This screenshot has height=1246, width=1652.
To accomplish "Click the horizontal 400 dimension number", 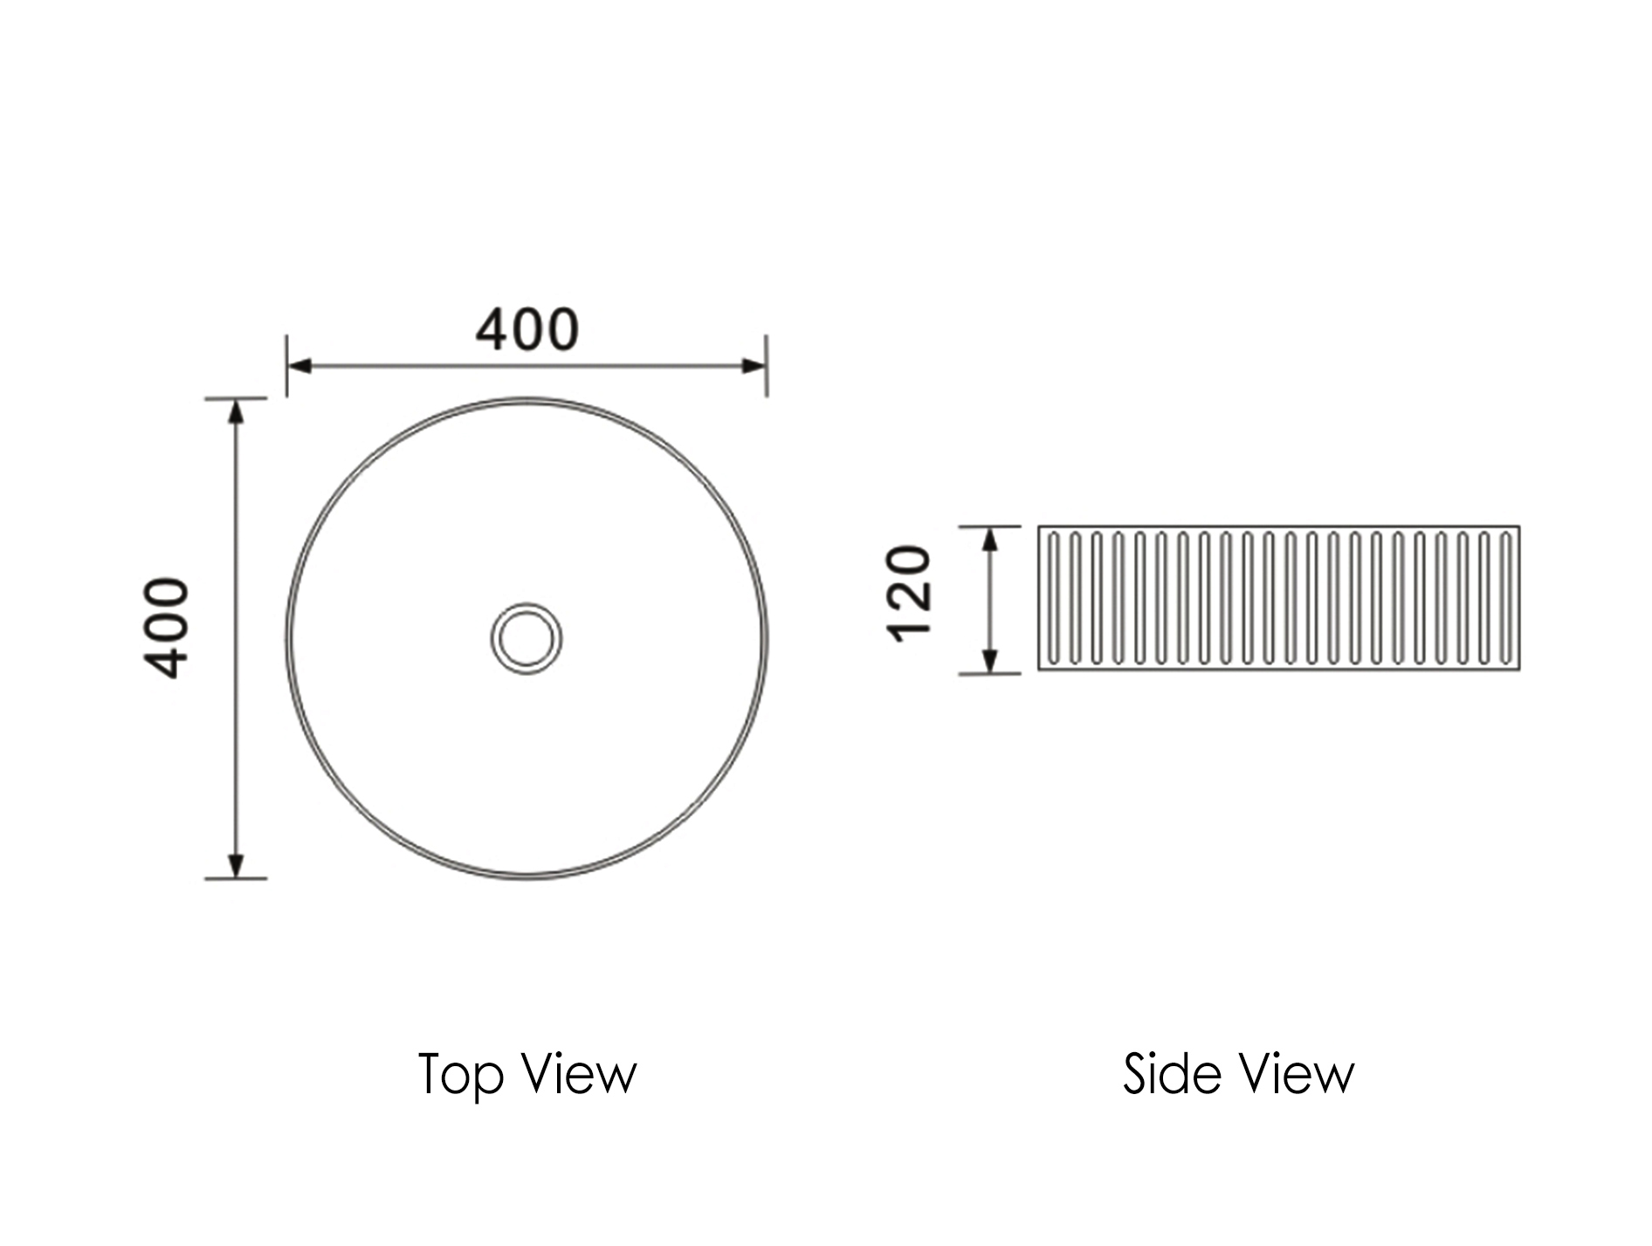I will (x=527, y=330).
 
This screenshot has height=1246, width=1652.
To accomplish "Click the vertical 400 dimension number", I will (x=166, y=628).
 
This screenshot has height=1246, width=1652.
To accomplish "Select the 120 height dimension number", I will (x=909, y=594).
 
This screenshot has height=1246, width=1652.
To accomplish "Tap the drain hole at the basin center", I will (x=526, y=637).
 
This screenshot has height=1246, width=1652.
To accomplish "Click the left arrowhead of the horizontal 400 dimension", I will (x=299, y=365).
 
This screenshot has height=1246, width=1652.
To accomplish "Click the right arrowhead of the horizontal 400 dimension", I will (x=754, y=365).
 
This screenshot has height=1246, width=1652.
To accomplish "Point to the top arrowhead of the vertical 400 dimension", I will (x=235, y=410).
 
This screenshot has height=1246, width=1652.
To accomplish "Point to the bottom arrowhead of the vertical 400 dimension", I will (x=235, y=865).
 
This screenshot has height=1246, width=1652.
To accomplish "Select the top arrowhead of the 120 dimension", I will (x=989, y=540).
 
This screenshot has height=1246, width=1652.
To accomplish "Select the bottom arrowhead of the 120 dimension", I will (x=989, y=661).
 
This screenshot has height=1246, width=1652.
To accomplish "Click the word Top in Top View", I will (x=461, y=1075).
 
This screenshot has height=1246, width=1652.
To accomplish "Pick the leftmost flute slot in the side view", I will (x=1054, y=597).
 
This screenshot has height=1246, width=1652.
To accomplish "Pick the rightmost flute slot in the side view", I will (x=1504, y=597).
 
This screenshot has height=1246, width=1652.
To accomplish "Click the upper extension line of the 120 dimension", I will (x=989, y=527).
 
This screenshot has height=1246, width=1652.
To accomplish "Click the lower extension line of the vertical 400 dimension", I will (x=235, y=878).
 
